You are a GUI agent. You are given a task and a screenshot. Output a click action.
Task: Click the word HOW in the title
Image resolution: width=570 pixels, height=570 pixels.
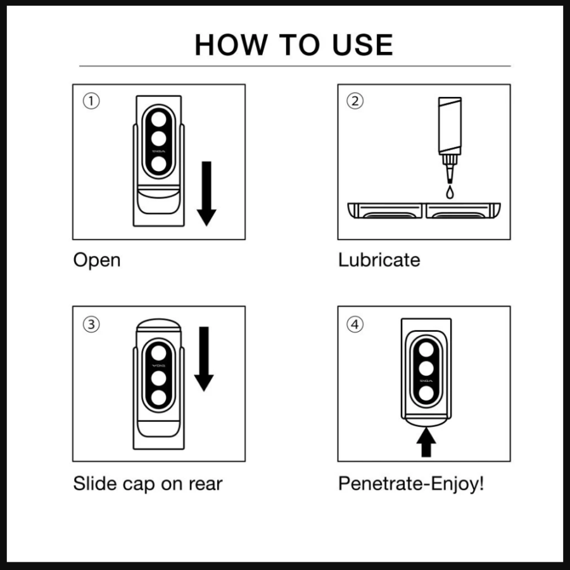pos(231,45)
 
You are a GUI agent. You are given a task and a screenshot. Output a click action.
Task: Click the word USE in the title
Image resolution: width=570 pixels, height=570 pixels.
pos(362,45)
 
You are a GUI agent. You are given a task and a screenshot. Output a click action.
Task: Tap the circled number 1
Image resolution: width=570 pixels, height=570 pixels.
pos(91,101)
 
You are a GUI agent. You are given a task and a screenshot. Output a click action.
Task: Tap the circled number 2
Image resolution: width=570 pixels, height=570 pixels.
pos(355,101)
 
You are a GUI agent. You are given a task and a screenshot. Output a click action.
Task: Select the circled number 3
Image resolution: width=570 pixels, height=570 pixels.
pos(91,324)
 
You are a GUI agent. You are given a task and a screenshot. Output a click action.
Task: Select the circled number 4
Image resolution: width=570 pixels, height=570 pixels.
pos(355,324)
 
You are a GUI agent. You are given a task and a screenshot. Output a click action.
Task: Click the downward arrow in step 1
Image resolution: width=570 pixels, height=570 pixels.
pos(206,193)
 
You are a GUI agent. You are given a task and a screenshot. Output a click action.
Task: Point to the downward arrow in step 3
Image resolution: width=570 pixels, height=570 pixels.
pos(204,359)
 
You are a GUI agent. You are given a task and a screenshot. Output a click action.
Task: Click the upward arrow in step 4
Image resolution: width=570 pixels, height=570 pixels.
pos(426,441)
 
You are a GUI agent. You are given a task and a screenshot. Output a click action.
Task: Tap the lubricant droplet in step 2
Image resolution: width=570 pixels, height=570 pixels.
pos(450,193)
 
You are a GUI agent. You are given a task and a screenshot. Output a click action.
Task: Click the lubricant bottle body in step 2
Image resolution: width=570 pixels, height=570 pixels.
pos(450,125)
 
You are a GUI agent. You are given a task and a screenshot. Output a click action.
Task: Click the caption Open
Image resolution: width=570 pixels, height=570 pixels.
pos(97,261)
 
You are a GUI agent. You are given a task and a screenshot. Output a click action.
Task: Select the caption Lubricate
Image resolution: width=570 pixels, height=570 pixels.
pos(379,260)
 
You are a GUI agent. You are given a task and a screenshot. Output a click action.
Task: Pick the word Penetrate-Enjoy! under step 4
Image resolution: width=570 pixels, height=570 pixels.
pos(411,484)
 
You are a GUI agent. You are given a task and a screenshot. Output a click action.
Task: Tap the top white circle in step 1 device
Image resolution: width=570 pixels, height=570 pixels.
pos(158,119)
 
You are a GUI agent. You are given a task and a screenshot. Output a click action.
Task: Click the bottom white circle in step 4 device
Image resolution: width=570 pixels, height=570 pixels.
pos(426,393)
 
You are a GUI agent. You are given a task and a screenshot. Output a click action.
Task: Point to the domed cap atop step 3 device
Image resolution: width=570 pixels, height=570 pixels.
pos(158,324)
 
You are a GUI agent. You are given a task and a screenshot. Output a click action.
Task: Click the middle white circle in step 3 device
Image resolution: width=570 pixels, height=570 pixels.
pos(158,378)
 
